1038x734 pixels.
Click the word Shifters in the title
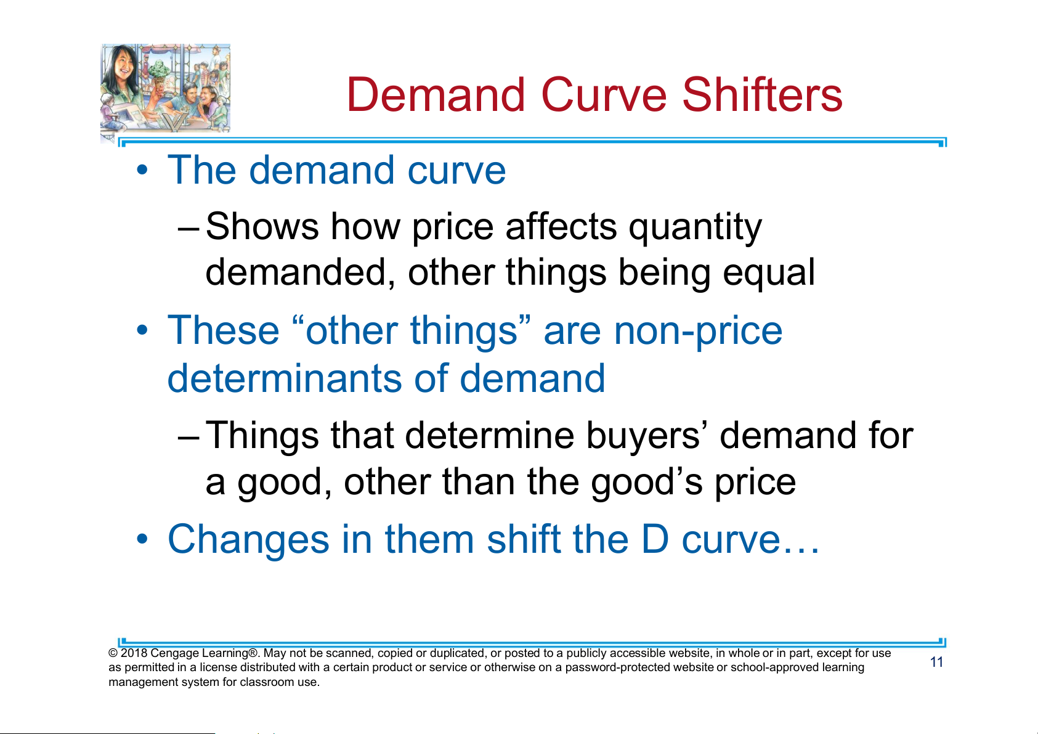point(762,94)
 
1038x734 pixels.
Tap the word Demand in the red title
point(436,94)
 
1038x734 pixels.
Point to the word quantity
point(695,228)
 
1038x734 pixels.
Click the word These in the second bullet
point(224,330)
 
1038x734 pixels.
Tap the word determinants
point(285,378)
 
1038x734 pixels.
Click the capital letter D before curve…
point(655,539)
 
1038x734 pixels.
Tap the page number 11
point(936,662)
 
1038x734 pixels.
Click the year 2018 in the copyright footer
point(134,653)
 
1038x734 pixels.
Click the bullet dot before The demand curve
point(142,169)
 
